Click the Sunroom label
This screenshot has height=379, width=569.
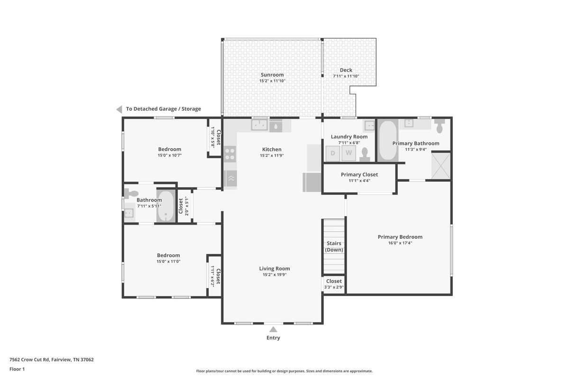pyautogui.click(x=272, y=75)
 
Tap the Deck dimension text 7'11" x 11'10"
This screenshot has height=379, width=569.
pyautogui.click(x=346, y=76)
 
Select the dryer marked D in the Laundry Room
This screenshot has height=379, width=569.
pyautogui.click(x=333, y=153)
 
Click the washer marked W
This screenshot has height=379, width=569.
pyautogui.click(x=349, y=153)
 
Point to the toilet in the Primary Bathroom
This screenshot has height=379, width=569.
pyautogui.click(x=440, y=126)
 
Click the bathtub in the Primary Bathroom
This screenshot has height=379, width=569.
pyautogui.click(x=388, y=140)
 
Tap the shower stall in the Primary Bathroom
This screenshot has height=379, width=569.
pyautogui.click(x=441, y=166)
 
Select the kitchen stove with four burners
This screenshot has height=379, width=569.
pyautogui.click(x=230, y=154)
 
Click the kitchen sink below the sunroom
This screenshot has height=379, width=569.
pyautogui.click(x=259, y=125)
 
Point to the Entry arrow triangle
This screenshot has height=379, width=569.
pyautogui.click(x=273, y=330)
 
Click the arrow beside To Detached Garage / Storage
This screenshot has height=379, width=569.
pyautogui.click(x=119, y=109)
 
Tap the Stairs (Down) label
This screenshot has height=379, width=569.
pyautogui.click(x=334, y=246)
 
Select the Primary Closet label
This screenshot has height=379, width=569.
pyautogui.click(x=359, y=175)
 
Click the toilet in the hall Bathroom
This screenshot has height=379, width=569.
pyautogui.click(x=131, y=194)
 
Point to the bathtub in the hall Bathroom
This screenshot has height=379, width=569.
pyautogui.click(x=166, y=207)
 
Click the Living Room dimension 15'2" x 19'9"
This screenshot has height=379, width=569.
pyautogui.click(x=275, y=275)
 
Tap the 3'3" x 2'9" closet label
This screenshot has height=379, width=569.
pyautogui.click(x=334, y=288)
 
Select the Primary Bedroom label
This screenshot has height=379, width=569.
pyautogui.click(x=400, y=237)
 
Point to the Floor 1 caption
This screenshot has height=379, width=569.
pyautogui.click(x=17, y=369)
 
